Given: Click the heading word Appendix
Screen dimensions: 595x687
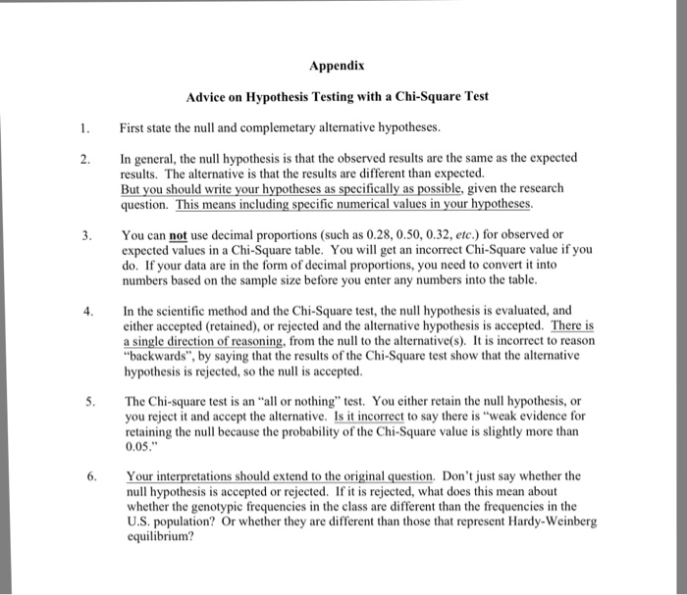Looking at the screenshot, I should pos(337,67).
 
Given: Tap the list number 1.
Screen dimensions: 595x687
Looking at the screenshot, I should pos(85,127).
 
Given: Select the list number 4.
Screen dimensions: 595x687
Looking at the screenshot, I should pos(85,312).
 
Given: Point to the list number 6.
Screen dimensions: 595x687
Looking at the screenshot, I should pos(85,476).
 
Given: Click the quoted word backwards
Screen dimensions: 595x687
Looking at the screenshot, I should pos(155,359).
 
